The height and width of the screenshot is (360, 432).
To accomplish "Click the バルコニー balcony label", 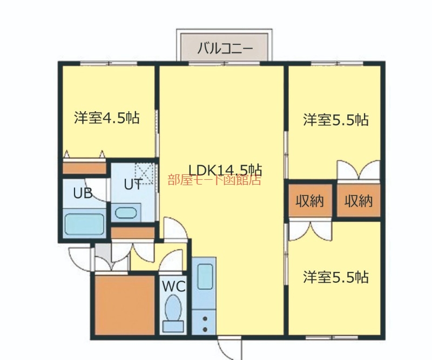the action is (225, 49).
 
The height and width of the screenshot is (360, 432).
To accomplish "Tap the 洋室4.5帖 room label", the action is (106, 118).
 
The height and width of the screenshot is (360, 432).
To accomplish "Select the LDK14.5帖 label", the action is (225, 169).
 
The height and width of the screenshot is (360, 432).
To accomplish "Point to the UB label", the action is (83, 193).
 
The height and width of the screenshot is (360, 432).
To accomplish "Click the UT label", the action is (133, 184).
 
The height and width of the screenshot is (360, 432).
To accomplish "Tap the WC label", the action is (173, 287).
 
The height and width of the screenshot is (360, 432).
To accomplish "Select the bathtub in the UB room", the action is (84, 224).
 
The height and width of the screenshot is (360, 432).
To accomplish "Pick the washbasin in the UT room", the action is (126, 213).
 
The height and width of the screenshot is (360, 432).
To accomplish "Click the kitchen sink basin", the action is (205, 276).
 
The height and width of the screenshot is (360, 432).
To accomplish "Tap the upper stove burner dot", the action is (205, 319).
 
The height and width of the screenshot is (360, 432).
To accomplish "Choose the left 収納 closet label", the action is (309, 201).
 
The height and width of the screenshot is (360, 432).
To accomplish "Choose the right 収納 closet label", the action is (359, 201).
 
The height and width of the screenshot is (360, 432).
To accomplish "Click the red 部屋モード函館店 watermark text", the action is (214, 180).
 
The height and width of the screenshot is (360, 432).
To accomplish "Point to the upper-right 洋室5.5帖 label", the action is (336, 120).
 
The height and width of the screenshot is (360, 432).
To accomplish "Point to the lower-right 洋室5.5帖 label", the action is (336, 277).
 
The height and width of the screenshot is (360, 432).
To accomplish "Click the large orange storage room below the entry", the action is (125, 305).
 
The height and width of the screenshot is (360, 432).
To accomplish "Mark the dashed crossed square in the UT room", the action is (144, 174).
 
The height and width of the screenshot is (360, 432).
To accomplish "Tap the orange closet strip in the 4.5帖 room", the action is (85, 168).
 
